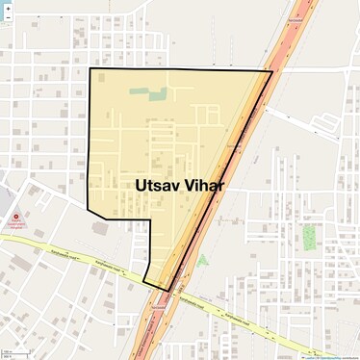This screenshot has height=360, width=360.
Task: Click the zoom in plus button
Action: tap(8, 8)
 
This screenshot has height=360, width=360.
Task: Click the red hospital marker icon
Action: tap(16, 218)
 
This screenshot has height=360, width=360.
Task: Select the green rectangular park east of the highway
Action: tap(310, 237)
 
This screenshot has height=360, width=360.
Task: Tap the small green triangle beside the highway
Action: tap(202, 259)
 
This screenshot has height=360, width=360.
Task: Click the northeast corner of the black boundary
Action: tap(271, 70)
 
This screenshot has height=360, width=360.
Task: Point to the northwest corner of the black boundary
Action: tap(90, 69)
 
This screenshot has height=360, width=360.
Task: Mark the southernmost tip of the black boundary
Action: tap(168, 291)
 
